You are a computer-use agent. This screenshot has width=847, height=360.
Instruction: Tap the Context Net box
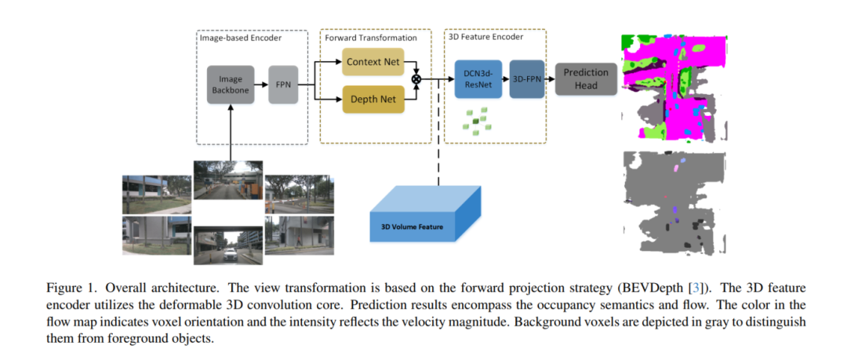click(x=373, y=61)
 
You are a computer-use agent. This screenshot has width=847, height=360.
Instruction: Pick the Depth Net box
click(x=373, y=100)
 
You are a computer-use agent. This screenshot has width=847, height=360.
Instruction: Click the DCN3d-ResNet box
click(x=476, y=79)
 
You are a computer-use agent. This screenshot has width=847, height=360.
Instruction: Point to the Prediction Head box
click(x=581, y=78)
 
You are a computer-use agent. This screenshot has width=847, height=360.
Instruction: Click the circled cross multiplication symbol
click(x=416, y=79)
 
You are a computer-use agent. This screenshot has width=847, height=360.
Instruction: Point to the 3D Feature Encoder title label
click(x=485, y=37)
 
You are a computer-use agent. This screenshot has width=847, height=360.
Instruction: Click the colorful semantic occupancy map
click(x=673, y=85)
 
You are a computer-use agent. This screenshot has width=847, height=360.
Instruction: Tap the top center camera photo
click(x=228, y=178)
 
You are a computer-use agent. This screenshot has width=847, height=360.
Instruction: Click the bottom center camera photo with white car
click(x=229, y=245)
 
